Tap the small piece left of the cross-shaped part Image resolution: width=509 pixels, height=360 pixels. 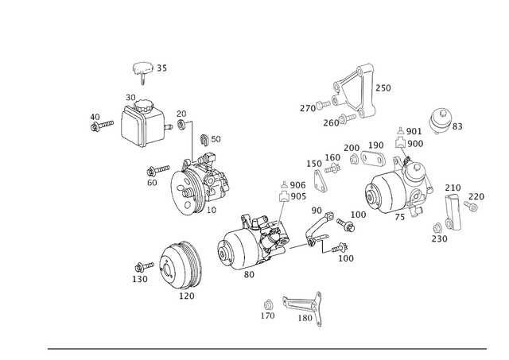(99, 123)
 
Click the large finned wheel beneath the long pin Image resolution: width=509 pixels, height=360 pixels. (199, 185)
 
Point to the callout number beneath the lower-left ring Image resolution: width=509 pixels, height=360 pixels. (188, 296)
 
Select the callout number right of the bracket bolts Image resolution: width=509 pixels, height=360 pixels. (385, 87)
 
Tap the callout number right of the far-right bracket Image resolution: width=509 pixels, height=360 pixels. (478, 195)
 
